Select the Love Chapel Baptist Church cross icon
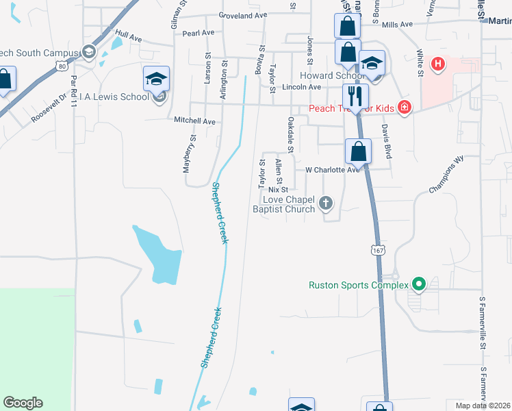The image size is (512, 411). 326,203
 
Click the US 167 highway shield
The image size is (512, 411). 379,251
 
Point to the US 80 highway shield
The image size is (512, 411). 62,66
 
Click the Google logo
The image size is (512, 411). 23,403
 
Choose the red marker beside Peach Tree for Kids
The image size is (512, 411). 405,108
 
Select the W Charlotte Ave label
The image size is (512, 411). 332,169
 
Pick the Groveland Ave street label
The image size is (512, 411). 242,14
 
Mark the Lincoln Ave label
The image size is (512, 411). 302,87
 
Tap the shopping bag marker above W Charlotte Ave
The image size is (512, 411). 358,151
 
